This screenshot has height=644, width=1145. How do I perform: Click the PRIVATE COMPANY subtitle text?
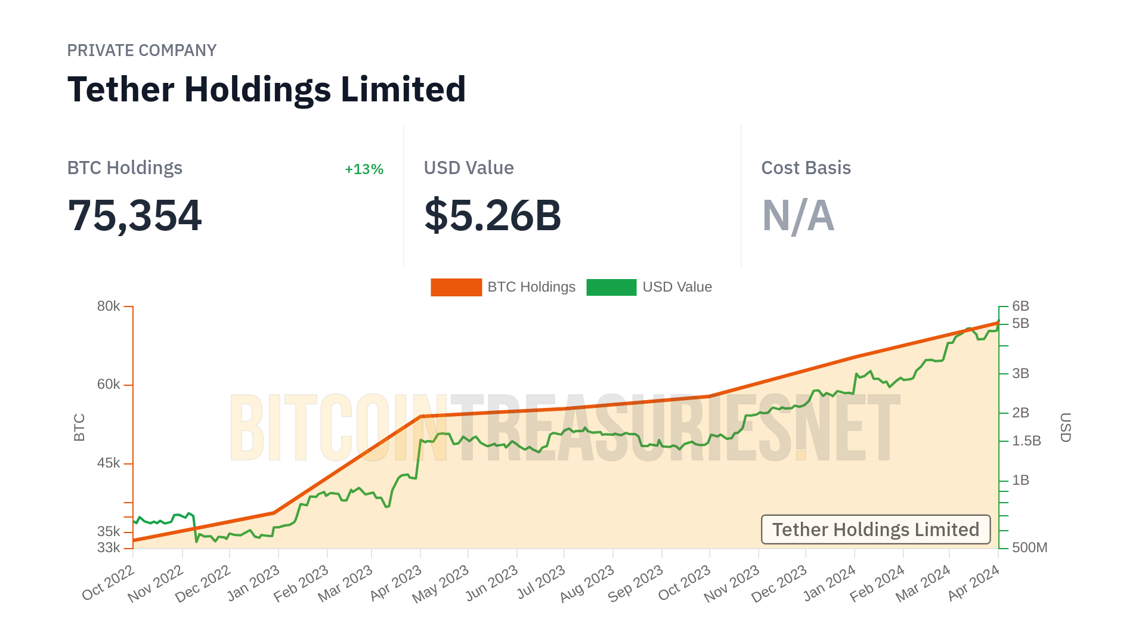click(x=141, y=51)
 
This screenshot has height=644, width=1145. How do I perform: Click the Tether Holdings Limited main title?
click(x=266, y=89)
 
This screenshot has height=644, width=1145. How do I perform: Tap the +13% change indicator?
click(x=364, y=169)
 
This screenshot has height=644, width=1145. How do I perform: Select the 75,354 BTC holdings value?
click(x=135, y=215)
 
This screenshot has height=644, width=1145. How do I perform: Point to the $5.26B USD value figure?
click(x=493, y=215)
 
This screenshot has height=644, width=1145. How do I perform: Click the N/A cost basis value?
click(x=798, y=215)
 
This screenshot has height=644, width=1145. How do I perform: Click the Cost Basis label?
click(x=806, y=168)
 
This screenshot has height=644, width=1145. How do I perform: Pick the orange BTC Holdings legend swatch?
click(x=456, y=287)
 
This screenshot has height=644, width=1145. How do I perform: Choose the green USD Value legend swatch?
click(x=611, y=287)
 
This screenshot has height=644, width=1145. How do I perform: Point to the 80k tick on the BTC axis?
click(x=109, y=306)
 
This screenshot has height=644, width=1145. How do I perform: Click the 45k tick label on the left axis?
click(x=109, y=463)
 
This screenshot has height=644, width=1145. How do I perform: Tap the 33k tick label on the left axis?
click(x=109, y=547)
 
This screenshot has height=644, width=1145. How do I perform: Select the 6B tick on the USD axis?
click(x=1020, y=306)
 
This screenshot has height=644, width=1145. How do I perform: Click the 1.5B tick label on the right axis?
click(x=1026, y=441)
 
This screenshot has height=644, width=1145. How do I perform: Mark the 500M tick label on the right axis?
click(x=1029, y=547)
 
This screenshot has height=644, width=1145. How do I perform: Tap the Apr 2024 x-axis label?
click(x=974, y=583)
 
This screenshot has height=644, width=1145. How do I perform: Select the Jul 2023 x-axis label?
click(x=541, y=583)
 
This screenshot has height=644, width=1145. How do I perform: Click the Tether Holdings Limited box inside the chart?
click(x=875, y=530)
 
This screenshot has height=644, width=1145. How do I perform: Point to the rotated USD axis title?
click(x=1066, y=428)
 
